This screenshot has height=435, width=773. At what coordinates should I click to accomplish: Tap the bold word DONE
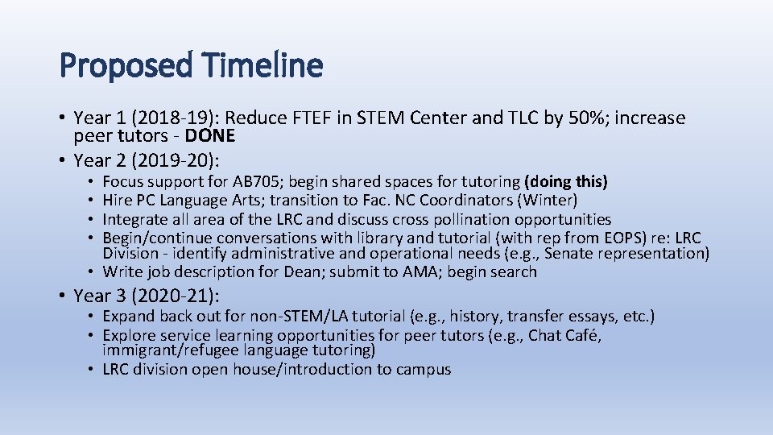(x=207, y=135)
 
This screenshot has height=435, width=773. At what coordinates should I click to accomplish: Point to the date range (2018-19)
(x=162, y=118)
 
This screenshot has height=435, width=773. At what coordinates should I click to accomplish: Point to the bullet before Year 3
(x=64, y=296)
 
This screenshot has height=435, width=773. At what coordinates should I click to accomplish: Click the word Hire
(x=118, y=200)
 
